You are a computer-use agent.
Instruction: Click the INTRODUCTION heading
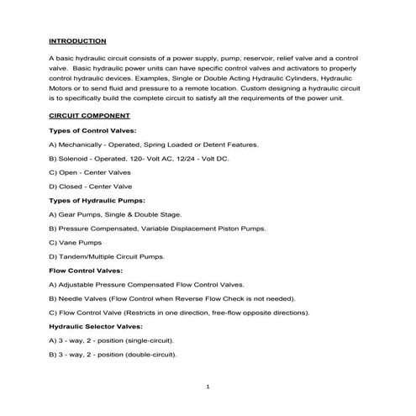click(x=77, y=40)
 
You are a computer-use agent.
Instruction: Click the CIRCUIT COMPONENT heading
click(x=89, y=117)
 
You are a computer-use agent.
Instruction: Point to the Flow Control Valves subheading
click(x=87, y=270)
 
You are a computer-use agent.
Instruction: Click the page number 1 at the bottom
click(x=208, y=387)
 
